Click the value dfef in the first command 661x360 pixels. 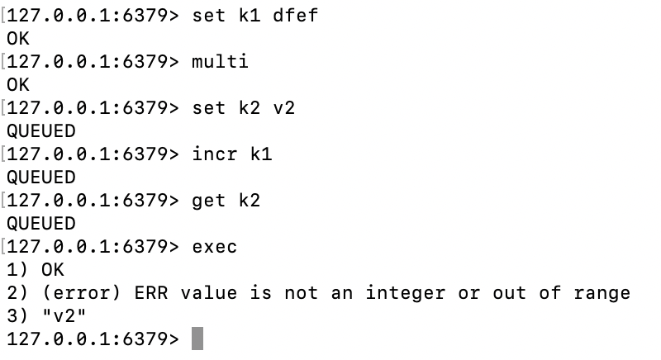point(295,16)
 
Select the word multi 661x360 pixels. point(220,62)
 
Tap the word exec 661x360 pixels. point(214,247)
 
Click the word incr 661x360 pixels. point(214,154)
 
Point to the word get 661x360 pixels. point(208,201)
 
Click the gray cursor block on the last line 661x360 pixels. point(197,339)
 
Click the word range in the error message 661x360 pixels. point(602,293)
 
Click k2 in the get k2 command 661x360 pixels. point(249,201)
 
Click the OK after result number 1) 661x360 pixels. point(52,270)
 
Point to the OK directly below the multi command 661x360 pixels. point(17,85)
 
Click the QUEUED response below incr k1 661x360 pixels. point(40,178)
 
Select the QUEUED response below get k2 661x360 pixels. point(40,224)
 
